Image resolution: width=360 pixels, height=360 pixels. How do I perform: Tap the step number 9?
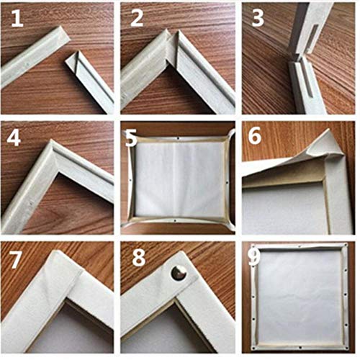pyautogui.click(x=253, y=258)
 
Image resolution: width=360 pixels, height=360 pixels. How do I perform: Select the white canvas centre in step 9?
pyautogui.click(x=299, y=295)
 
